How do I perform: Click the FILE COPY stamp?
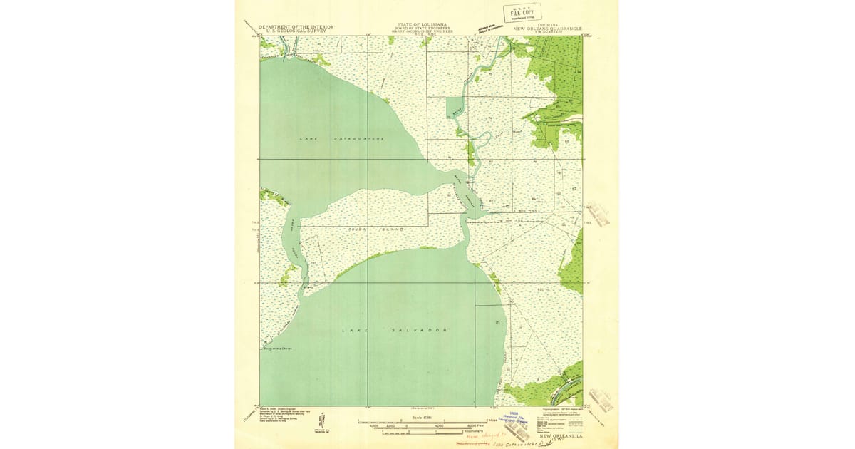(x=522, y=13)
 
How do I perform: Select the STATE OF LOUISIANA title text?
(x=420, y=25)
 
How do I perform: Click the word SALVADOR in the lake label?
(x=425, y=330)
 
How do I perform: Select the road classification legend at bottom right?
(x=559, y=420)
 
